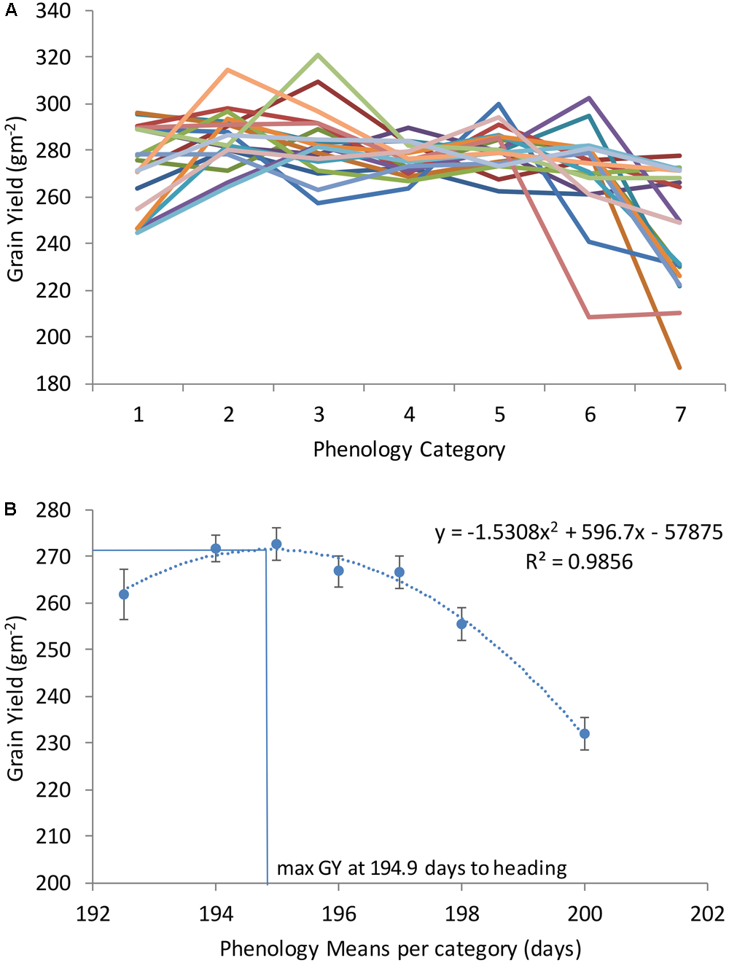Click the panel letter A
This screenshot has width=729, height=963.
(x=10, y=10)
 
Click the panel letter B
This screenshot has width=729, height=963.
(x=10, y=509)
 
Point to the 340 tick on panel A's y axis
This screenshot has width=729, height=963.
(x=53, y=11)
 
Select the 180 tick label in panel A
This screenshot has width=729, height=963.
(x=53, y=383)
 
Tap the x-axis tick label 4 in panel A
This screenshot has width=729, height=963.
(x=409, y=415)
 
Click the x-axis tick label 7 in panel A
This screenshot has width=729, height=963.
(x=680, y=415)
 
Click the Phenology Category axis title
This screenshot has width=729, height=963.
(x=409, y=450)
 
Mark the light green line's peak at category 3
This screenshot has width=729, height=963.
(x=319, y=55)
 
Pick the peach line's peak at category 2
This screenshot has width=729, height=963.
(x=228, y=70)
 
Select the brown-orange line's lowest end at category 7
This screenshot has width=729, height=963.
(x=679, y=367)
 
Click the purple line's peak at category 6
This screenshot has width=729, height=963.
(x=589, y=98)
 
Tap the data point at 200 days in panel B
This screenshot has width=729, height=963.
(x=585, y=733)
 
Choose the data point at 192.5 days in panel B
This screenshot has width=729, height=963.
(x=124, y=594)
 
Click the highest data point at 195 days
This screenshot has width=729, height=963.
(x=276, y=544)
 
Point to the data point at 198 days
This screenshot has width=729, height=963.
(x=461, y=624)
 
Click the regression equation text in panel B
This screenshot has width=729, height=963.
(x=579, y=533)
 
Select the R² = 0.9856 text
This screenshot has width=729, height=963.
(x=579, y=562)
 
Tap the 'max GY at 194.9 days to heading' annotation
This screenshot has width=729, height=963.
(x=421, y=868)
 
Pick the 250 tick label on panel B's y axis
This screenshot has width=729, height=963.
(x=53, y=650)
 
